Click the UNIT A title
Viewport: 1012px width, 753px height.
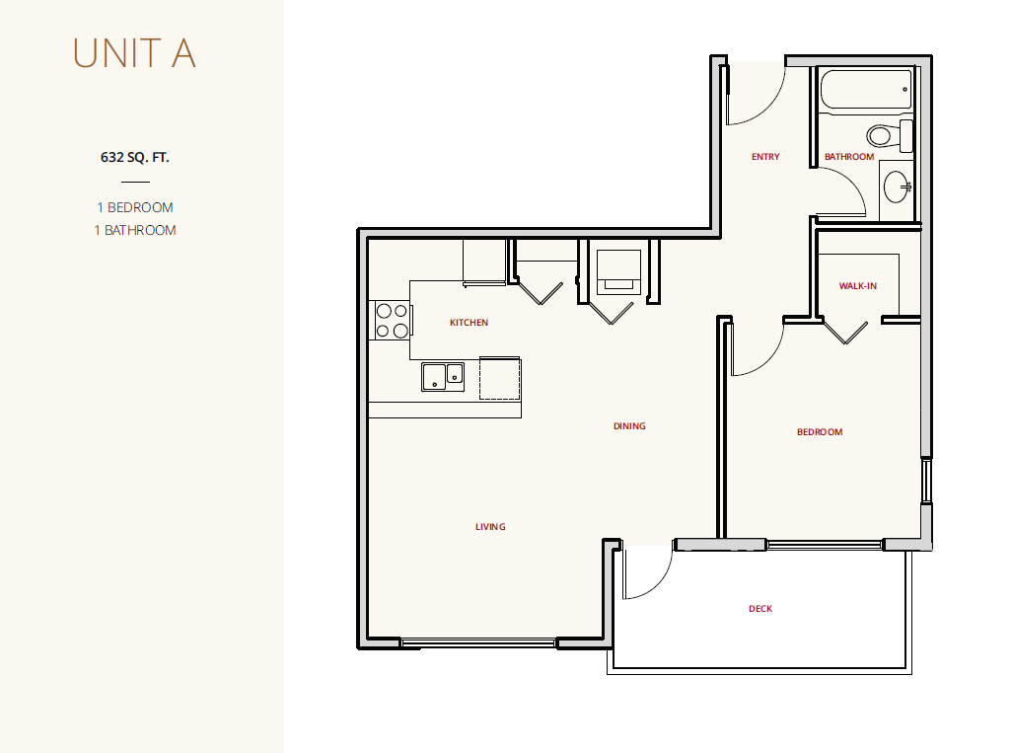tap(134, 53)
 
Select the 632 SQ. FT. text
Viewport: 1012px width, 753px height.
tap(135, 157)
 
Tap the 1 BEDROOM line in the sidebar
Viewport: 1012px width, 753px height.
tap(135, 207)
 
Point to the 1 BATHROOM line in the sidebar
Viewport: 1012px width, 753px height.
tap(135, 230)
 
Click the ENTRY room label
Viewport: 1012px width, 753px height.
tap(765, 156)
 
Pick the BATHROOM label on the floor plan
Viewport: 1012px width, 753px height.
tap(849, 156)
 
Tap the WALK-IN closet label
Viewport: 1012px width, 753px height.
tap(858, 285)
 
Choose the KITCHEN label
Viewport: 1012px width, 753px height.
tap(470, 323)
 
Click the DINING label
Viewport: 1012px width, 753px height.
tap(629, 425)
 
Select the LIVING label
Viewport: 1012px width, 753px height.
tap(490, 526)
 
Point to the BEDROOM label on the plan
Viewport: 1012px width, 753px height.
tap(820, 431)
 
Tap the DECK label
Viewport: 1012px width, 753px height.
tap(760, 608)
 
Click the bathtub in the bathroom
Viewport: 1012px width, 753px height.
tap(866, 89)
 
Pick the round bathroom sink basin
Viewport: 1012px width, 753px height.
tap(897, 187)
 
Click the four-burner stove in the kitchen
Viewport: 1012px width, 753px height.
tap(392, 321)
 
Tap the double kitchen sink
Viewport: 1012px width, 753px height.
tap(443, 377)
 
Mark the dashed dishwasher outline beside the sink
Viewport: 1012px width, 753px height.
tap(499, 378)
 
